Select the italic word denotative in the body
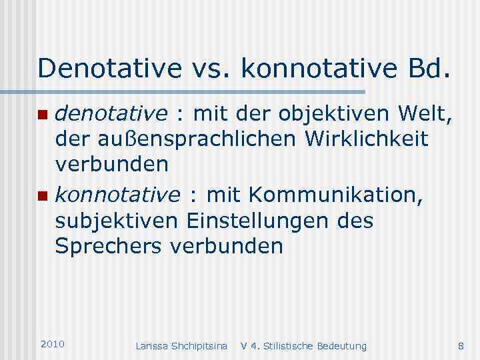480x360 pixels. [111, 115]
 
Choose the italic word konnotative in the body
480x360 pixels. [117, 195]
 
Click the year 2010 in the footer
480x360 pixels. [53, 343]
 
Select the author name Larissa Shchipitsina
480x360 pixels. [181, 346]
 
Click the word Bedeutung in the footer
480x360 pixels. [344, 346]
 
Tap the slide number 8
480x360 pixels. [461, 345]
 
